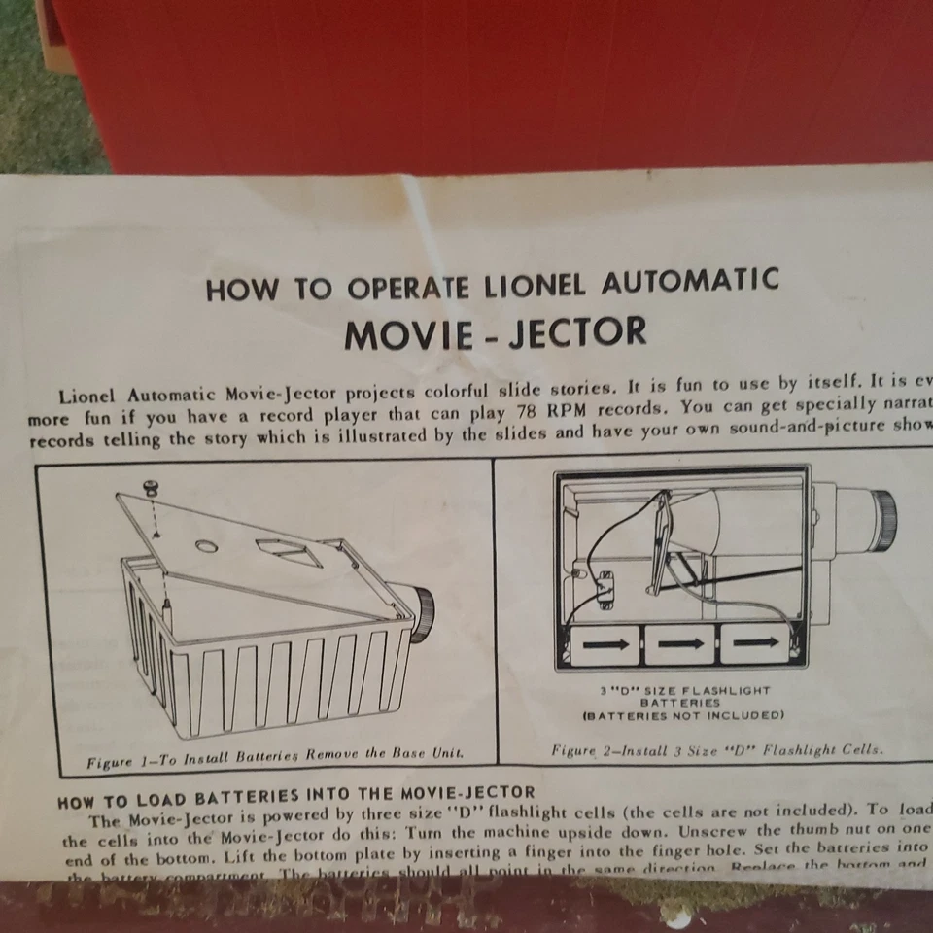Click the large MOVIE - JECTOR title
coord(496,333)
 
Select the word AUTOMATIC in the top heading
coord(690,282)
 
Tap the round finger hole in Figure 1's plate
coord(206,546)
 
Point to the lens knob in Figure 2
coord(881,508)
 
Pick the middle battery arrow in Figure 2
coord(679,642)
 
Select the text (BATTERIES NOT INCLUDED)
coord(682,715)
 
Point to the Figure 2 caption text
coord(716,750)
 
